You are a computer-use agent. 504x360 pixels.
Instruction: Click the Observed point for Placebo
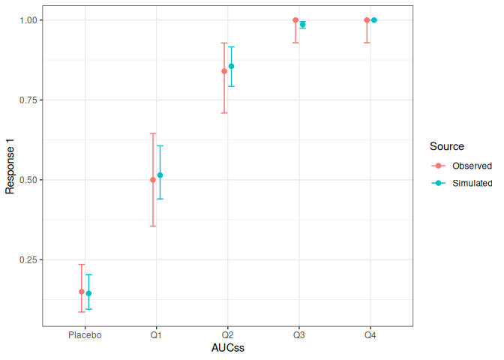pos(82,292)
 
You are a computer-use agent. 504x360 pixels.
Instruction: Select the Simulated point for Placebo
pos(88,294)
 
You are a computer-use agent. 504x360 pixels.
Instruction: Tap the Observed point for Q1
pos(153,180)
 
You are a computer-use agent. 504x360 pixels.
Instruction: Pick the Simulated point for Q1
pos(160,175)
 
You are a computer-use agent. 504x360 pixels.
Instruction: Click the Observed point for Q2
pos(224,71)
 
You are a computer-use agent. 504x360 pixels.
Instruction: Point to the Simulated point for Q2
pos(231,66)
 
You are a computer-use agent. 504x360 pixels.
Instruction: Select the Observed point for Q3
pos(295,20)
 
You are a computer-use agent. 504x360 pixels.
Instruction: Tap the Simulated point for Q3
pos(302,25)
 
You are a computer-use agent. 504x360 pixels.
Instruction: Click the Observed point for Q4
pos(367,20)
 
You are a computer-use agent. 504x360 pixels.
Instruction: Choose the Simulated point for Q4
pos(373,20)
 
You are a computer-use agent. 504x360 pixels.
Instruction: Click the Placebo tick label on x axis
pos(85,335)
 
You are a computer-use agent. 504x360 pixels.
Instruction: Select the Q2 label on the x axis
pos(227,335)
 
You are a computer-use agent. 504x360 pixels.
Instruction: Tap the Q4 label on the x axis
pos(370,335)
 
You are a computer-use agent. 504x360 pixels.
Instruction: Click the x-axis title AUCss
pos(227,349)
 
